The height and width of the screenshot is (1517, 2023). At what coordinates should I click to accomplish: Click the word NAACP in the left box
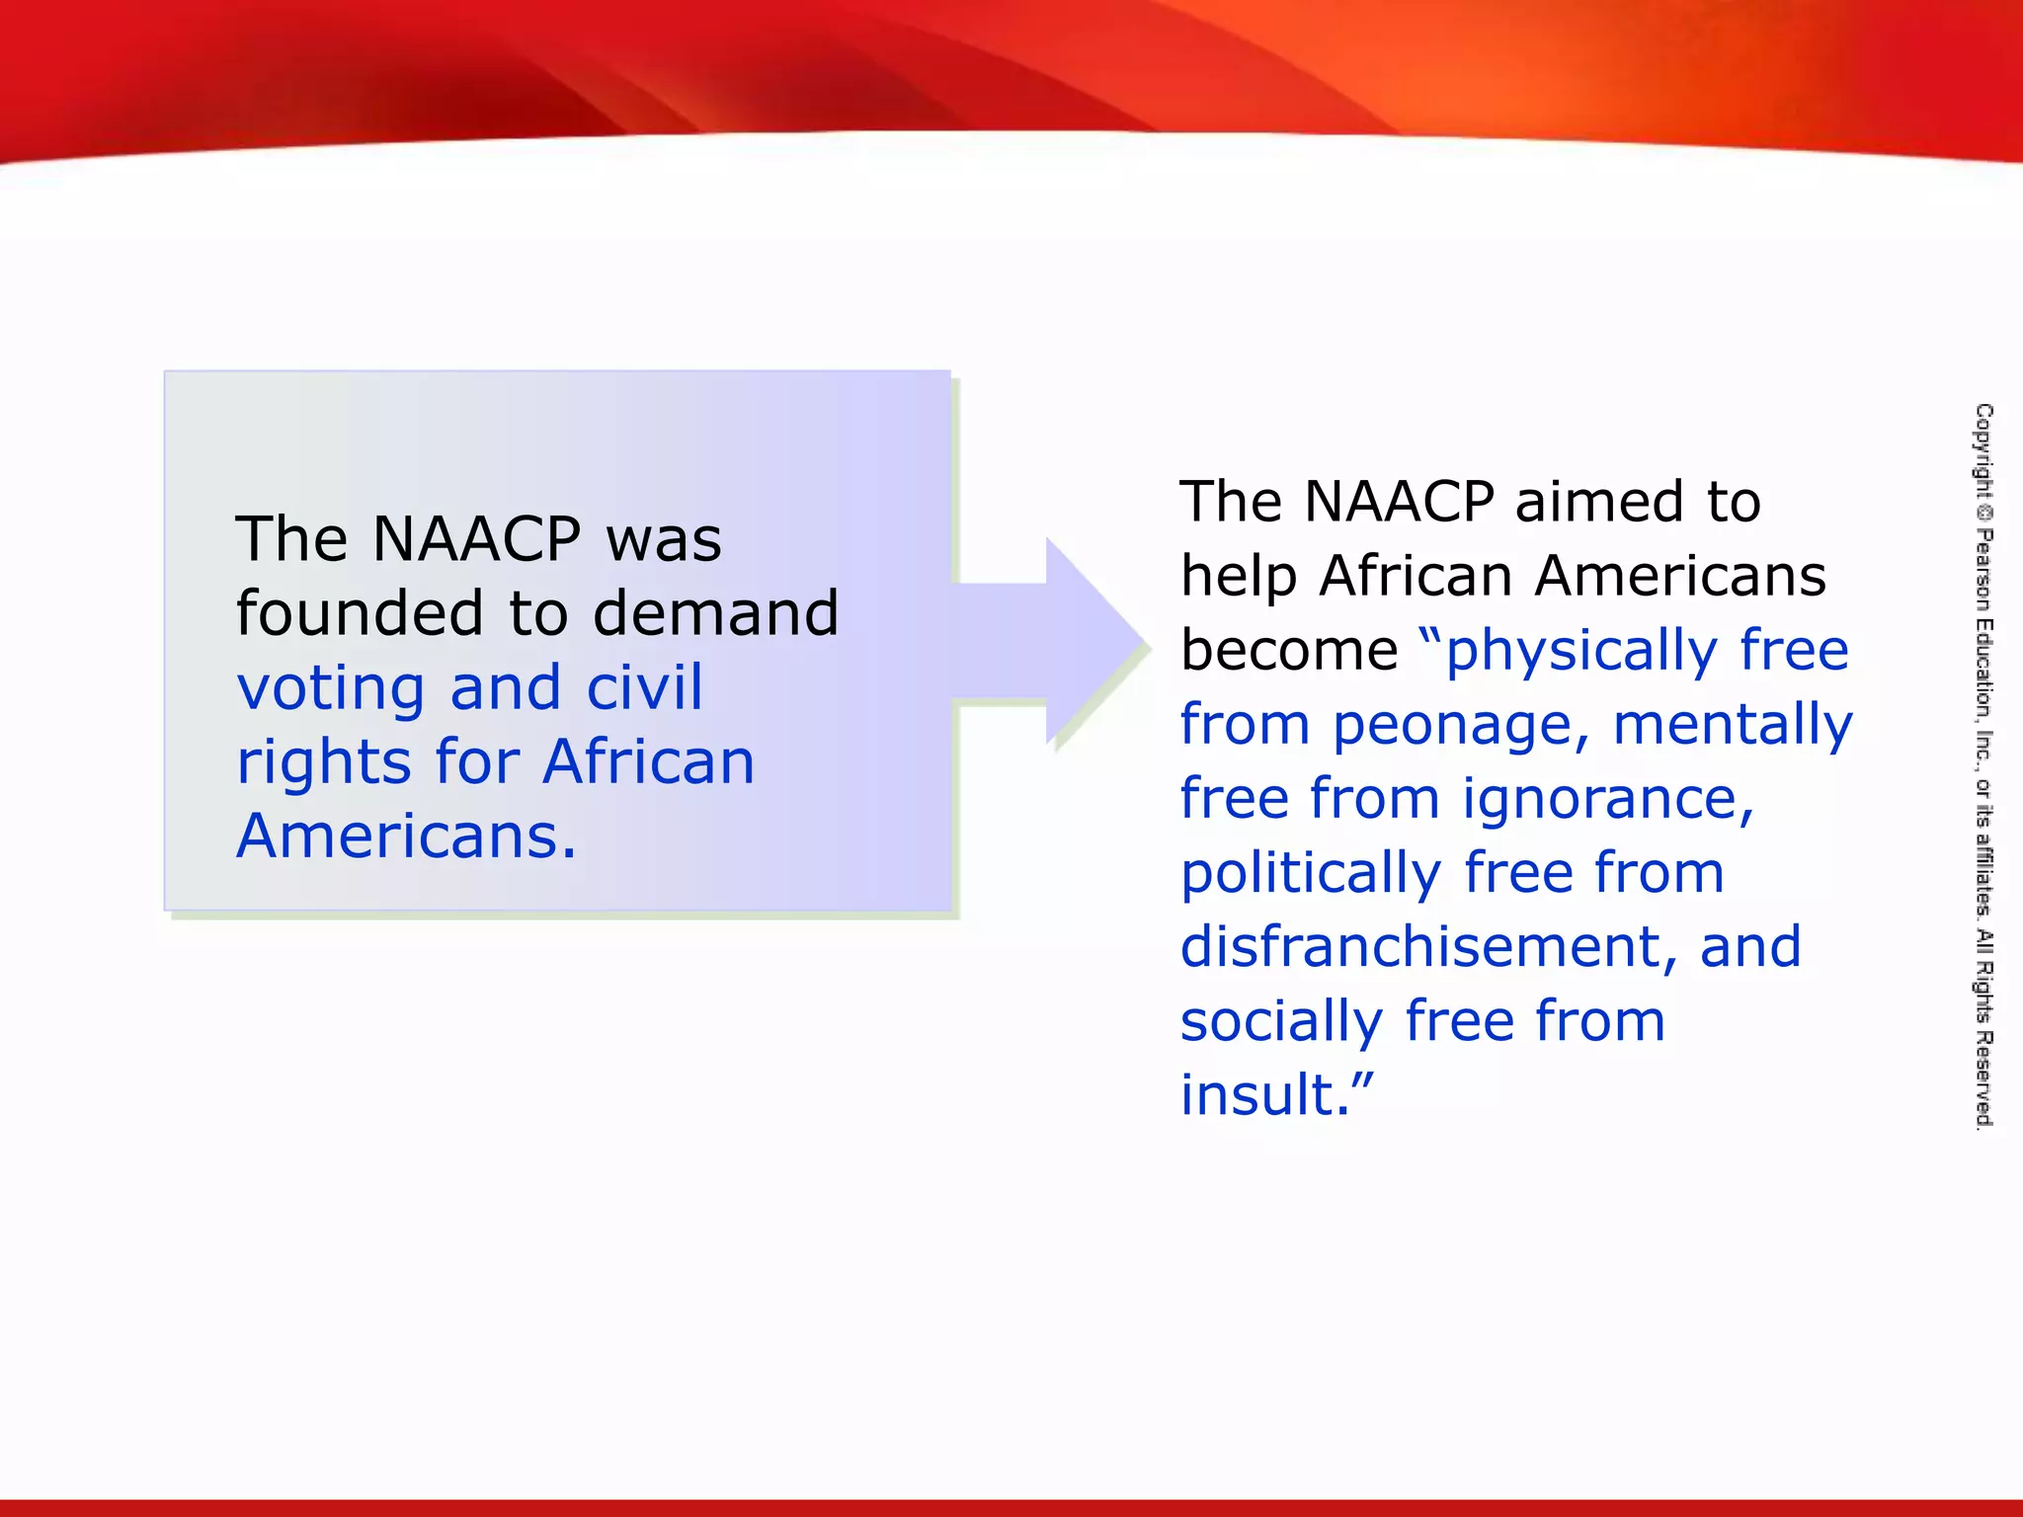[477, 539]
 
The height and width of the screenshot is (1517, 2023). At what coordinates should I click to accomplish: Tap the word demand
[715, 613]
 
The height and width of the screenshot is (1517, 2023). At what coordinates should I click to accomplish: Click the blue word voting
[331, 688]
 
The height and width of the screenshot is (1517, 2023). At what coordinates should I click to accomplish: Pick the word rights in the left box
[323, 763]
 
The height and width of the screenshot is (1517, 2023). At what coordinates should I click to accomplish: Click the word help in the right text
[1238, 577]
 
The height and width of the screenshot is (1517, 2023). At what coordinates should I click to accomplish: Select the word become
[1289, 651]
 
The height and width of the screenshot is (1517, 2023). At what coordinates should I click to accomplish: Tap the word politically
[1311, 874]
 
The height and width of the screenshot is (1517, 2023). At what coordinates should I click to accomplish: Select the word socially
[1281, 1021]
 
